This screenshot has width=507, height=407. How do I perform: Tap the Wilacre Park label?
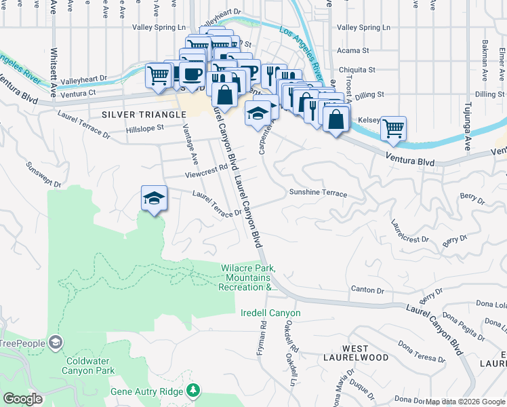click(248, 278)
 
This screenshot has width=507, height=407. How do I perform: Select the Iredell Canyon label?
click(270, 313)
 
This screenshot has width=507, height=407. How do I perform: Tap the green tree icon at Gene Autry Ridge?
click(194, 390)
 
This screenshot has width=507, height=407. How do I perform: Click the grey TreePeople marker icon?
click(55, 342)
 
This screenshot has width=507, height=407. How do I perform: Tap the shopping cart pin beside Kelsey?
click(393, 128)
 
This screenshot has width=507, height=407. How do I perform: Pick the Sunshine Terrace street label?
click(318, 193)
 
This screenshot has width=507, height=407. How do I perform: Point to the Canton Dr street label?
click(367, 290)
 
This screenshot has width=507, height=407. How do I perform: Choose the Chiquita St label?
click(357, 69)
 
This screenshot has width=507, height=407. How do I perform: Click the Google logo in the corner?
click(23, 399)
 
